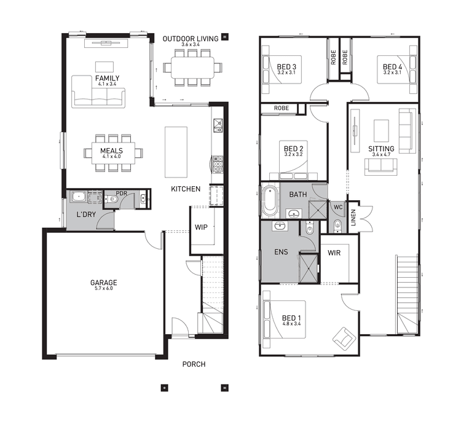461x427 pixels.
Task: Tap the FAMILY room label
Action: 107,78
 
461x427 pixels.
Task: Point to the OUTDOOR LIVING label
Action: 190,39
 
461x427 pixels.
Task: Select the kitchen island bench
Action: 175,152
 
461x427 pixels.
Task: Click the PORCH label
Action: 194,364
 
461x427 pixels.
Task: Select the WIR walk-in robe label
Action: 334,253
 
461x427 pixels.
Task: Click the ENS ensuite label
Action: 280,252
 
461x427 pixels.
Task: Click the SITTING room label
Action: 381,149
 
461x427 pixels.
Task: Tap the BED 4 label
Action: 392,67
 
